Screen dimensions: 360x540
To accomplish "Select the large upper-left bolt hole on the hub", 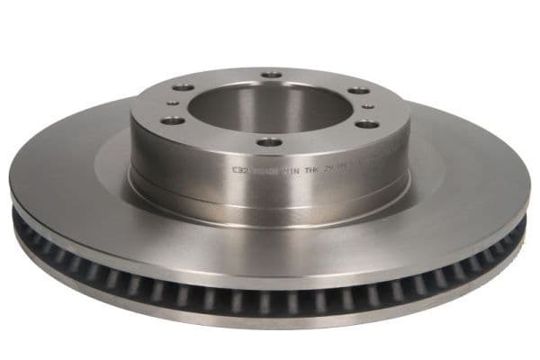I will [184, 87].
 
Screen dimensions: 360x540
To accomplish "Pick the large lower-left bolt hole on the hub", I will [174, 120].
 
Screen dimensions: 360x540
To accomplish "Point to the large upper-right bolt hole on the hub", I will [358, 90].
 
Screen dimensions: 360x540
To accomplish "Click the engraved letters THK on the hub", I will [312, 167].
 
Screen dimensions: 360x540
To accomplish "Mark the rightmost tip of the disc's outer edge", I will [530, 202].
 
